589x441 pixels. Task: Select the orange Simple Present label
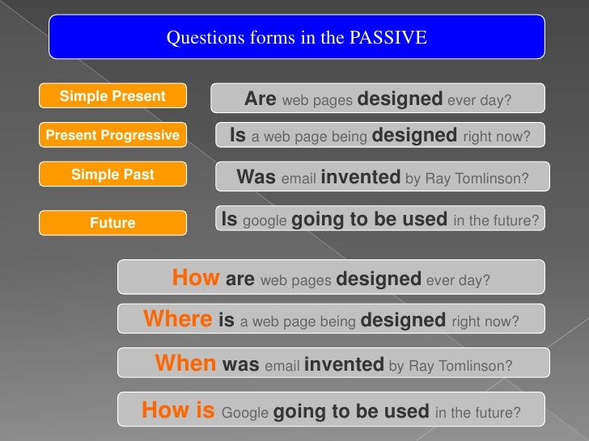(x=112, y=97)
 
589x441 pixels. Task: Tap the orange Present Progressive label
(x=112, y=136)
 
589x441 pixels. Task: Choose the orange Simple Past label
(x=112, y=174)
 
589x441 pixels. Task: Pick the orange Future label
(x=112, y=223)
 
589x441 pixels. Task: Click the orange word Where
(x=178, y=319)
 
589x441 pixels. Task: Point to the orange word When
(x=185, y=364)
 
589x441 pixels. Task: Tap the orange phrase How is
(x=178, y=411)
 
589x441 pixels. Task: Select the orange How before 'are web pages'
(x=196, y=279)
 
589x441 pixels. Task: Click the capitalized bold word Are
(x=261, y=99)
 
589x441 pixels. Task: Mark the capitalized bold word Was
(x=256, y=177)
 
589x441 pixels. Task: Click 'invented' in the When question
(x=344, y=365)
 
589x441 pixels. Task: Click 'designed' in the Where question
(x=403, y=321)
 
